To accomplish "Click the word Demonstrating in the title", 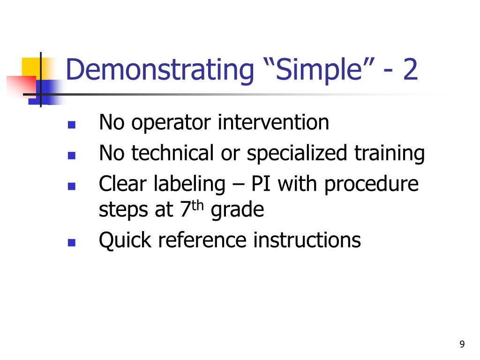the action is [160, 70].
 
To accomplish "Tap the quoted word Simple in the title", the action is [319, 70].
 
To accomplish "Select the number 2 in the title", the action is [410, 69].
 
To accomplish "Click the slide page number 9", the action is [462, 344].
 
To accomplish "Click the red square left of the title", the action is [22, 87].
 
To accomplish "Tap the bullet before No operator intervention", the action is [72, 125].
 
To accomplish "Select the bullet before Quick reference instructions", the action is [72, 242].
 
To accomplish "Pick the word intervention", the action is [273, 122].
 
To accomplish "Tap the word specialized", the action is [297, 154].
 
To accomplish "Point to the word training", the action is [390, 154].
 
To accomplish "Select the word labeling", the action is [189, 185].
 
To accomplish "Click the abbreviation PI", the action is [261, 184].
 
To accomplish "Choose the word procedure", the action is [371, 185].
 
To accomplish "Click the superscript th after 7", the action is [198, 205].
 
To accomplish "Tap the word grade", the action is [237, 210].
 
